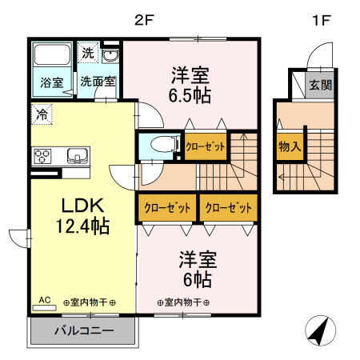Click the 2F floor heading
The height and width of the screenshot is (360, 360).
(144, 20)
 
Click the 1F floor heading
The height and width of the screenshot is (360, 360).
(320, 20)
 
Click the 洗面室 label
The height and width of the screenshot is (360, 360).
(98, 82)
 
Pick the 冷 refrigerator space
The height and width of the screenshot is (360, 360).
(42, 114)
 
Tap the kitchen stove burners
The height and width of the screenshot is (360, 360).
(42, 156)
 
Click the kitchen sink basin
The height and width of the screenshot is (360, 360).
(78, 156)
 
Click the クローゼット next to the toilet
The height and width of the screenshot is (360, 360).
(205, 146)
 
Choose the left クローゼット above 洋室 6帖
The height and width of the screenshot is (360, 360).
(167, 208)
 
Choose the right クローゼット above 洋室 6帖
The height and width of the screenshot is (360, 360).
(228, 208)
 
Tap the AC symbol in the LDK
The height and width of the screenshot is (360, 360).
(44, 301)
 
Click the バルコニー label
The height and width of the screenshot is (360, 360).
(84, 330)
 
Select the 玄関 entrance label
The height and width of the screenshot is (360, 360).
(321, 85)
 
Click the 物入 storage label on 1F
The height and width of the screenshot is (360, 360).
(289, 146)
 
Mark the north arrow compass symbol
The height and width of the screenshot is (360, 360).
(319, 330)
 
